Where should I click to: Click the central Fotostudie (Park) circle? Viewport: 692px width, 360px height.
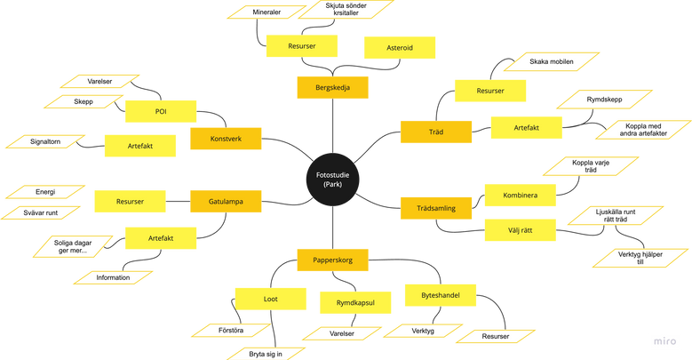[333, 178]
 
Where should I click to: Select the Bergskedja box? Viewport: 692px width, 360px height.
[332, 88]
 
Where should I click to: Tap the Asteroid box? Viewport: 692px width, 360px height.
[400, 48]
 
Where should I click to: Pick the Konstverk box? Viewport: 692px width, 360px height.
[226, 139]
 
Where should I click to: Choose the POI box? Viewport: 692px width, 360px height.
[160, 111]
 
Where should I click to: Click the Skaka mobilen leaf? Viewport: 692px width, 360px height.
[551, 61]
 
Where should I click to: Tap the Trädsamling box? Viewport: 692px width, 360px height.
[435, 208]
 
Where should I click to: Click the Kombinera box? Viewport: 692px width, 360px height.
[520, 194]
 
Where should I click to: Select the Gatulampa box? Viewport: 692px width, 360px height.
[226, 202]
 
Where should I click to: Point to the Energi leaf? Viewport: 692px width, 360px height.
[44, 190]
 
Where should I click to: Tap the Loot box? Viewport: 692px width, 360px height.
[270, 299]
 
